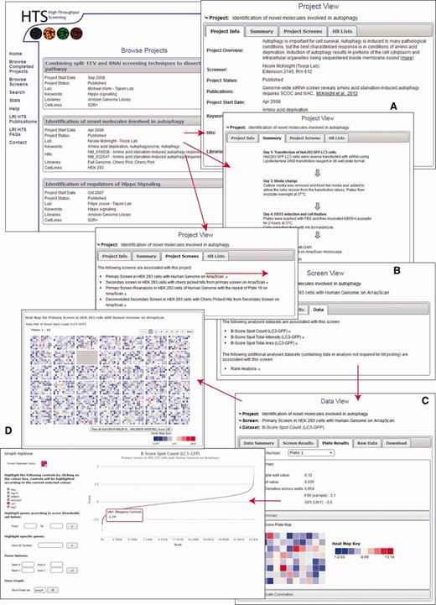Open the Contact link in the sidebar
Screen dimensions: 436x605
18,143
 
